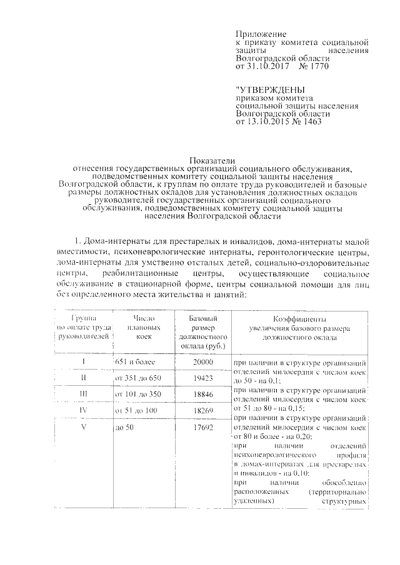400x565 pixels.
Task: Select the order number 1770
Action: (317, 65)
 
